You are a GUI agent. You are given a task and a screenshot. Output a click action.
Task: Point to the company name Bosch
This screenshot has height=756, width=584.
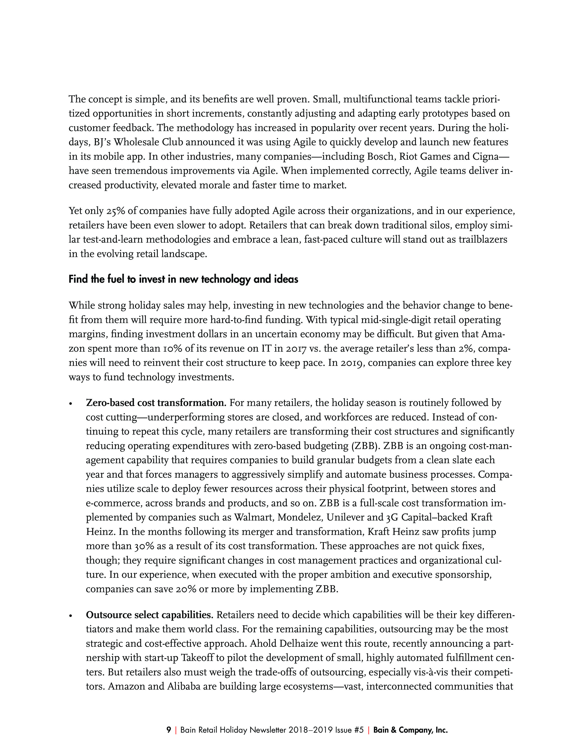point(381,156)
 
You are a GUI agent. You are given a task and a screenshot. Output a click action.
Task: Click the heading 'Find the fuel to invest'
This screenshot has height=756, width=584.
point(183,279)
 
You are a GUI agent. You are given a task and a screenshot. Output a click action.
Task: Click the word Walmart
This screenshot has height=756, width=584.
point(254,518)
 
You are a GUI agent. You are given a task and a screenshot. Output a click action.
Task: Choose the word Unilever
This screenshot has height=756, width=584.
point(347,518)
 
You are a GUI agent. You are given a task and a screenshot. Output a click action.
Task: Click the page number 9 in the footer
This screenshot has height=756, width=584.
point(169,730)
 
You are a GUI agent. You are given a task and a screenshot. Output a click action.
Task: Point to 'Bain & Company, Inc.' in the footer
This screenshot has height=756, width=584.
point(410,730)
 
